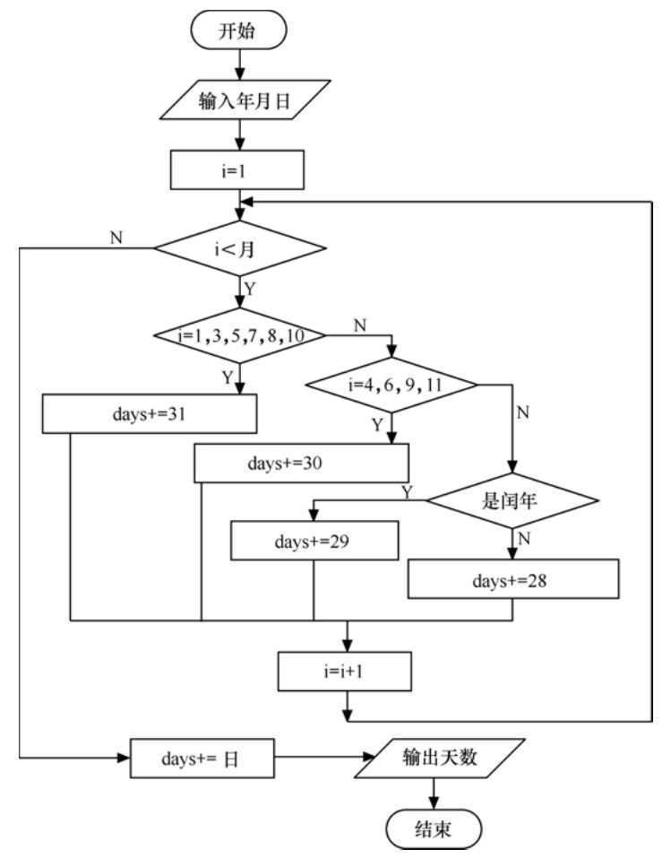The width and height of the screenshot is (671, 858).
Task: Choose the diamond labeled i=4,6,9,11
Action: [x=392, y=386]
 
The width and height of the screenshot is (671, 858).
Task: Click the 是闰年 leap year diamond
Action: [x=511, y=499]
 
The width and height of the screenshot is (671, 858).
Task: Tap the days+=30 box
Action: [x=302, y=464]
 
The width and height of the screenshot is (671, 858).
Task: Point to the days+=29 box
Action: [x=314, y=542]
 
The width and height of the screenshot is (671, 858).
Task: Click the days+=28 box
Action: [x=513, y=579]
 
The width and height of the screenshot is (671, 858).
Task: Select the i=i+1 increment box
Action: [x=346, y=670]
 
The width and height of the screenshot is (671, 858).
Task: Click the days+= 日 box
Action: [x=202, y=758]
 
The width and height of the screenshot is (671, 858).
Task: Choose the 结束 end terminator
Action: [x=434, y=825]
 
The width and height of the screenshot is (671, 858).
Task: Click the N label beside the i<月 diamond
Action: [x=116, y=238]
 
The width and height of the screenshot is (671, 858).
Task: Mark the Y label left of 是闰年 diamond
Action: [x=408, y=490]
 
